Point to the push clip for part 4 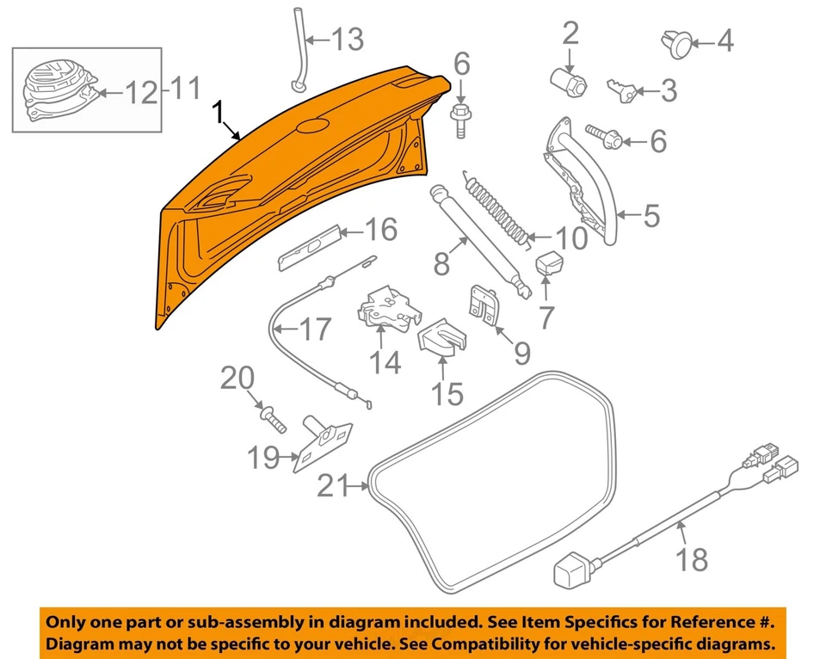tap(676, 42)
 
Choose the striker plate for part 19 tap(324, 446)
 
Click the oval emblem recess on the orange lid tap(311, 126)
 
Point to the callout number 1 tap(219, 112)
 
